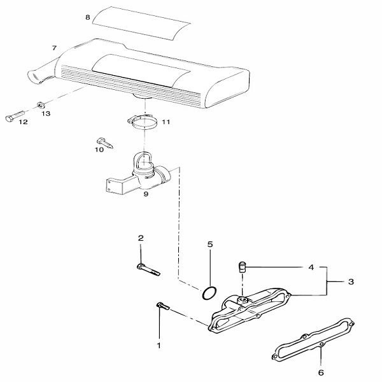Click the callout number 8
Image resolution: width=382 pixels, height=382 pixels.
click(88, 18)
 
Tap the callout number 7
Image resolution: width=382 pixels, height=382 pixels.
click(54, 48)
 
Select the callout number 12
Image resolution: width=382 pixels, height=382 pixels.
click(24, 122)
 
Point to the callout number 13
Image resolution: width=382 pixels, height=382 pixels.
click(46, 113)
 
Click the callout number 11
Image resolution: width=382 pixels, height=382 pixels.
click(166, 122)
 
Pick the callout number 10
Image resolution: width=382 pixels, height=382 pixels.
click(99, 150)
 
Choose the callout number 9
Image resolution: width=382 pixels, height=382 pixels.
click(146, 194)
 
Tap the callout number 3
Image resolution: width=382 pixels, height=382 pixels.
click(351, 281)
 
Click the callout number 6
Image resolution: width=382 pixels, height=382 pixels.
click(321, 372)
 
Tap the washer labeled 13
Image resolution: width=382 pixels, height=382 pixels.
click(41, 105)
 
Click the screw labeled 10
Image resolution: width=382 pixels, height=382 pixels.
click(105, 143)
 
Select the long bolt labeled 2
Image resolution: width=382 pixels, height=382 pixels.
click(148, 270)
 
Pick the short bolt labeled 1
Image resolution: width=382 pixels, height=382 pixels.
click(163, 306)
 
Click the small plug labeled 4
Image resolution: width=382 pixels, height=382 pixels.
click(242, 267)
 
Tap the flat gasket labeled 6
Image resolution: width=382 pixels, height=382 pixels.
click(313, 339)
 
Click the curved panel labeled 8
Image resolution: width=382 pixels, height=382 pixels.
click(141, 23)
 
